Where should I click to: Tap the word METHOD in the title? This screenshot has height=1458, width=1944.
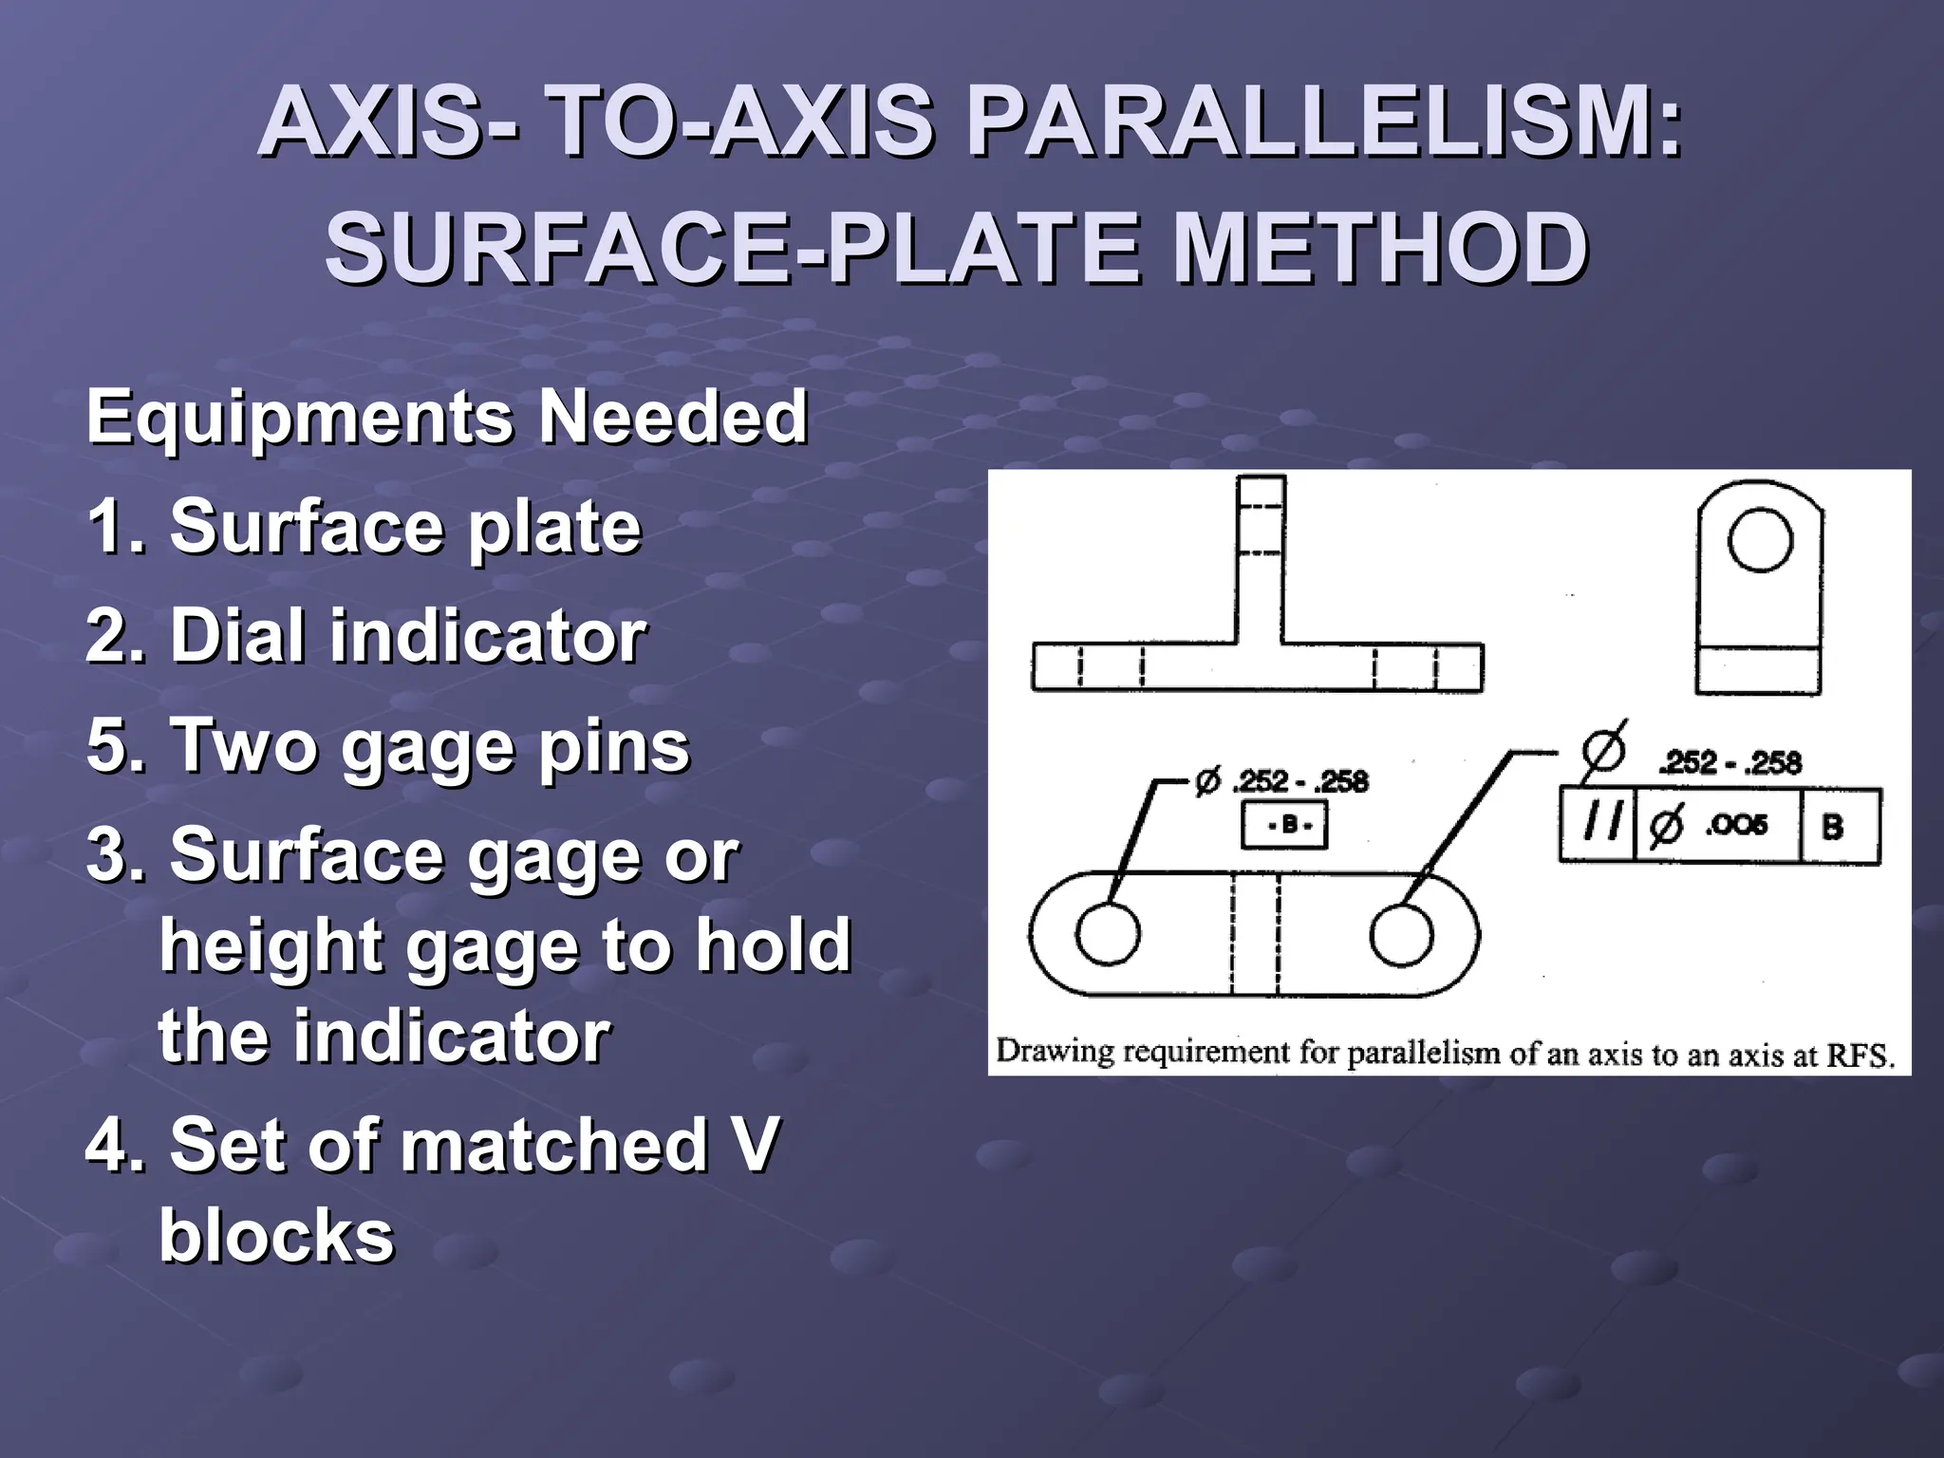coord(1380,249)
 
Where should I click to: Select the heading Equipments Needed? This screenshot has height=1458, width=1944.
coord(446,417)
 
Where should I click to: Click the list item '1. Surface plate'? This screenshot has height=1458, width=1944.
coord(364,527)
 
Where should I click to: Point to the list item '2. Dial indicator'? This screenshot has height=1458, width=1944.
coord(366,636)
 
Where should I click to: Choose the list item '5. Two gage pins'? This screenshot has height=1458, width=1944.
coord(387,746)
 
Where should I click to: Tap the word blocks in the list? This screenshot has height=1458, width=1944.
coord(276,1236)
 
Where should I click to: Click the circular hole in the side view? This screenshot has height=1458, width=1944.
coord(1760,539)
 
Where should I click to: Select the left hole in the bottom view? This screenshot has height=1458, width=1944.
coord(1108,932)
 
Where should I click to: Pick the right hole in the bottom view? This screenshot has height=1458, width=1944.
coord(1401,934)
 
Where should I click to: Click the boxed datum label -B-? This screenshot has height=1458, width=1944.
coord(1284,825)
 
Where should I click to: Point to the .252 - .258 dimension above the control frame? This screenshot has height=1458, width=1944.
coord(1729,763)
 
